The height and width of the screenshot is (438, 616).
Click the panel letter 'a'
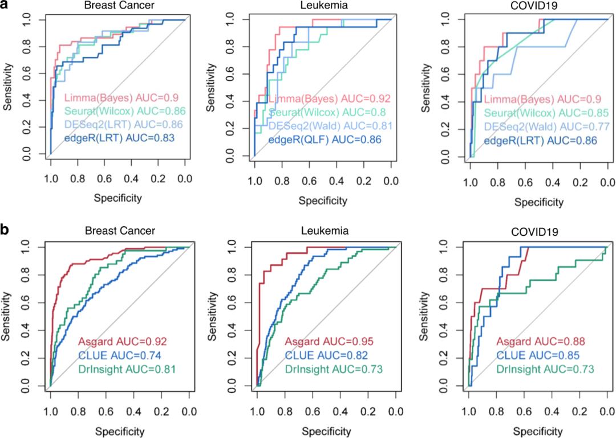click(5, 5)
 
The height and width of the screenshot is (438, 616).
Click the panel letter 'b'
click(6, 230)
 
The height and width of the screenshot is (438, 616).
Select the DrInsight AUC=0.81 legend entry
click(126, 370)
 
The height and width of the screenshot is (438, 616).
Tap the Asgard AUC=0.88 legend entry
click(540, 341)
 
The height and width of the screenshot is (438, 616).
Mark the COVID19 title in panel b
click(536, 234)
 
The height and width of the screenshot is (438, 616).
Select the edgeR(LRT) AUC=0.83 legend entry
click(118, 137)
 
